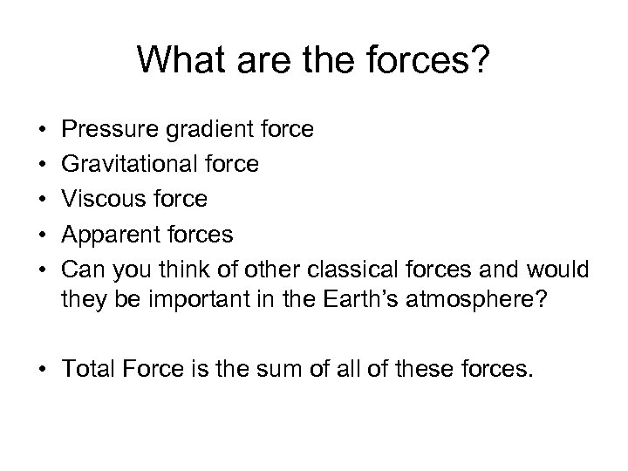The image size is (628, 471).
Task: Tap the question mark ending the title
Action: click(x=481, y=60)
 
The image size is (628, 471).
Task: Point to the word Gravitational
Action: click(x=132, y=164)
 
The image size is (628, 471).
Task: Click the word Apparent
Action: click(x=110, y=234)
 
